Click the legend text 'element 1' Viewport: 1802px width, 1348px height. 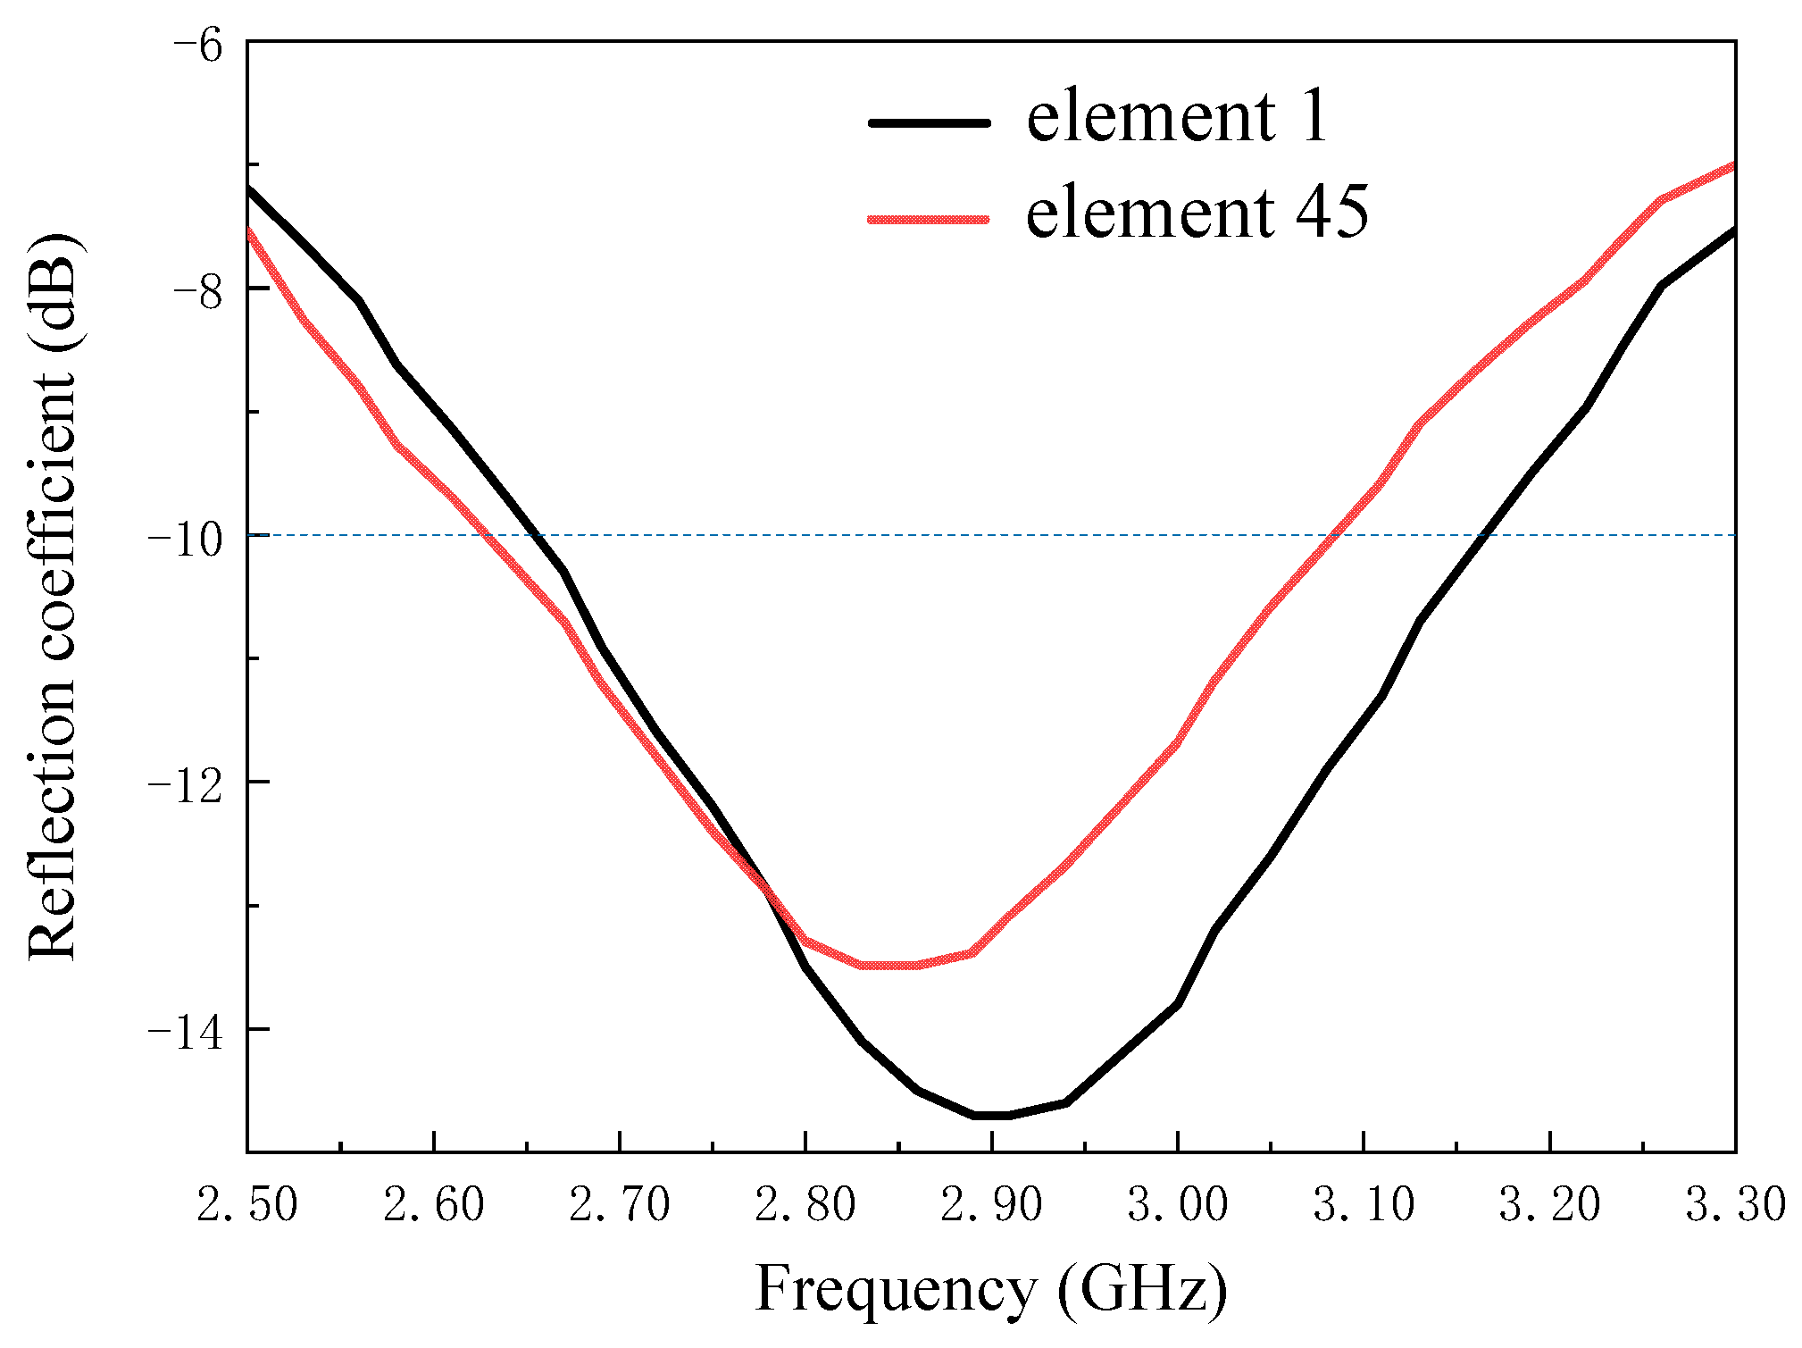coord(1177,118)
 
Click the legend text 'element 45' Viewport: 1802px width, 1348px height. coord(1197,214)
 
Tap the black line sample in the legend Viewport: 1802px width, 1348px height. coord(929,123)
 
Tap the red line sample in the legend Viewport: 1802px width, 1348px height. coord(929,218)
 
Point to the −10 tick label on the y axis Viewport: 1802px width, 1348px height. coord(185,540)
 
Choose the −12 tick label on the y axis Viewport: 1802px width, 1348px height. coord(185,786)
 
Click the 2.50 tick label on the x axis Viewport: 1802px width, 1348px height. coord(247,1205)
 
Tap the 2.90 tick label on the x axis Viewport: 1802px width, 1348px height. coord(991,1205)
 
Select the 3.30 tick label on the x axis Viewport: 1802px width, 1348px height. coord(1734,1205)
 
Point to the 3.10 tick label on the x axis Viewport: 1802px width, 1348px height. coord(1364,1205)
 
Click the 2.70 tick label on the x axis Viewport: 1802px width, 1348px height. coord(620,1205)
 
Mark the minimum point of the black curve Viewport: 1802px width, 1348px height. coord(991,1116)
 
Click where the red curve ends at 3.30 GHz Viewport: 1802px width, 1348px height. coord(1733,165)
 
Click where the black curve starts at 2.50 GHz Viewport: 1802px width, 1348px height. coord(249,188)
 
